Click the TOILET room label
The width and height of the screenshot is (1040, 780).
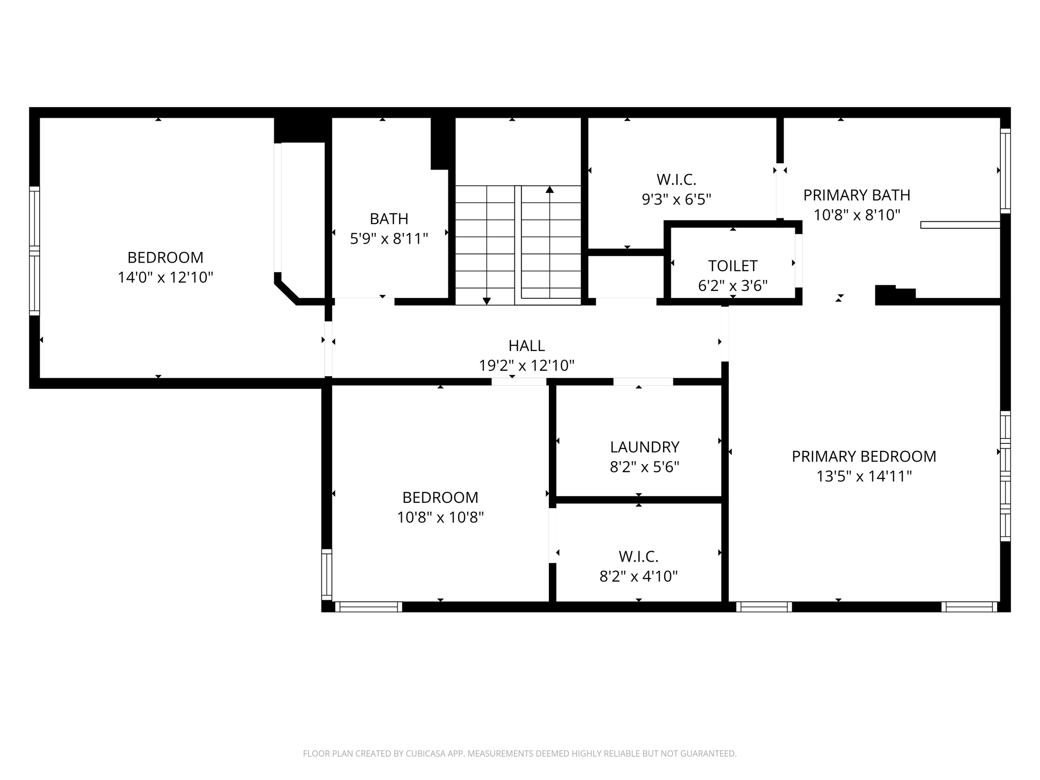(x=732, y=266)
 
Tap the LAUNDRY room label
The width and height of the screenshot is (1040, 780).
(x=644, y=447)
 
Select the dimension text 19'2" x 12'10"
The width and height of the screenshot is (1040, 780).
(x=527, y=366)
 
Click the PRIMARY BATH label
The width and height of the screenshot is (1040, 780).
(x=856, y=195)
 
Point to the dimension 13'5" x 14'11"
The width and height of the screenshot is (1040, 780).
(x=864, y=476)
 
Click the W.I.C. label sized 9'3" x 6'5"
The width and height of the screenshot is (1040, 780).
(x=676, y=179)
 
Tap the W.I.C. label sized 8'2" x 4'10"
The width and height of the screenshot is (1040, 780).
(x=638, y=557)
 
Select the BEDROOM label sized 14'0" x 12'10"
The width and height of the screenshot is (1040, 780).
(x=165, y=257)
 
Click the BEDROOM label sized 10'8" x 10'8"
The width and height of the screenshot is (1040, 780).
(x=440, y=497)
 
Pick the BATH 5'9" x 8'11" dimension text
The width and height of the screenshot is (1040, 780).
(x=389, y=239)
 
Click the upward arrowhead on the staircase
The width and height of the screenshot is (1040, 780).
(x=549, y=190)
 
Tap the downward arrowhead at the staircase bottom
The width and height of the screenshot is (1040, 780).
(x=486, y=301)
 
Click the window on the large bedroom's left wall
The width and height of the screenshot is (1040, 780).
(x=34, y=251)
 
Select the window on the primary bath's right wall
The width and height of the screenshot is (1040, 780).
(x=1005, y=171)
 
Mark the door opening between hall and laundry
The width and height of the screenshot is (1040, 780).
(x=643, y=381)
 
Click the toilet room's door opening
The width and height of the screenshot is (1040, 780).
(x=798, y=261)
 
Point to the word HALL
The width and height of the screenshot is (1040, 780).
(x=527, y=346)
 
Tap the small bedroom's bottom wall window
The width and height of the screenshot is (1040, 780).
(x=368, y=606)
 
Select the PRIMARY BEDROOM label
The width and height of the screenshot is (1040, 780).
(x=864, y=457)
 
